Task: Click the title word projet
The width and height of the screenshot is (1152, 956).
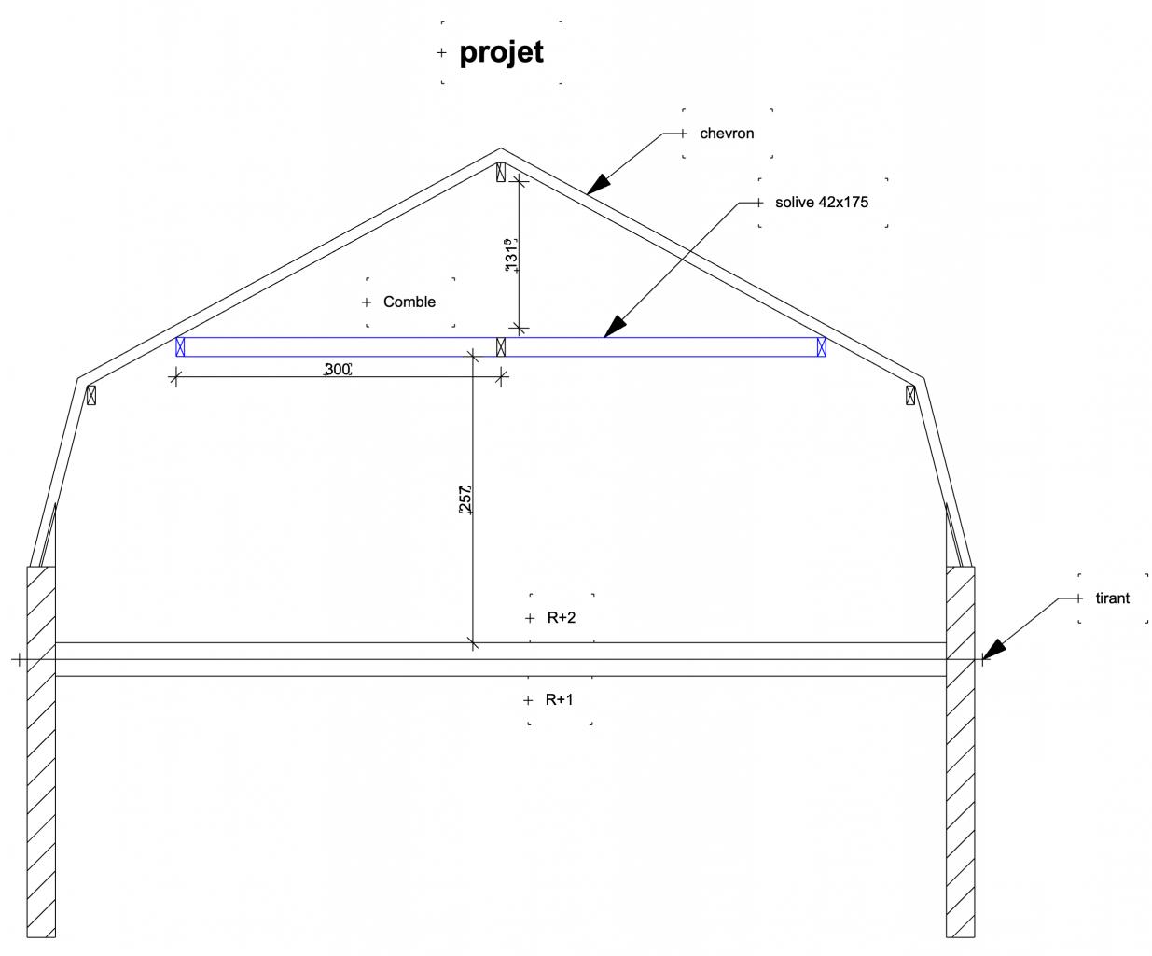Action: (501, 52)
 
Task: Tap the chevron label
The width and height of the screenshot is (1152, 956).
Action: (727, 134)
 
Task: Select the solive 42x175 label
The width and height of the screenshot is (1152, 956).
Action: (822, 202)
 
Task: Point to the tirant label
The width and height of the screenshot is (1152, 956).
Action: (1112, 598)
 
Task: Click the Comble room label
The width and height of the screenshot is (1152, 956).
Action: (409, 302)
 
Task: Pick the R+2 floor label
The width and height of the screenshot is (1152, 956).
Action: (562, 618)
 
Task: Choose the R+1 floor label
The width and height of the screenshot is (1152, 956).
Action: (560, 700)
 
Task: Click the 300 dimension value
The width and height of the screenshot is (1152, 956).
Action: (337, 370)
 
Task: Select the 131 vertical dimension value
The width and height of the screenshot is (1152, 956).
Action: (510, 257)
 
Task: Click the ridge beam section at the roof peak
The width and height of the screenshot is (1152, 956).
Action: (501, 173)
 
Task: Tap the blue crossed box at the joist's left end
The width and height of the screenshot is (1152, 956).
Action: (181, 347)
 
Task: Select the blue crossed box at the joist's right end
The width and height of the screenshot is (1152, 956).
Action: (821, 347)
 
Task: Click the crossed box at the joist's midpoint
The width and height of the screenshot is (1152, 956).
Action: (501, 347)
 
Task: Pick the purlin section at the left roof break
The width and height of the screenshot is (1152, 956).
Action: (90, 395)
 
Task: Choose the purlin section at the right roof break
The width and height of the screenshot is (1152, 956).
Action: (910, 395)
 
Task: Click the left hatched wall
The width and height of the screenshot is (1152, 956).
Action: (41, 747)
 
